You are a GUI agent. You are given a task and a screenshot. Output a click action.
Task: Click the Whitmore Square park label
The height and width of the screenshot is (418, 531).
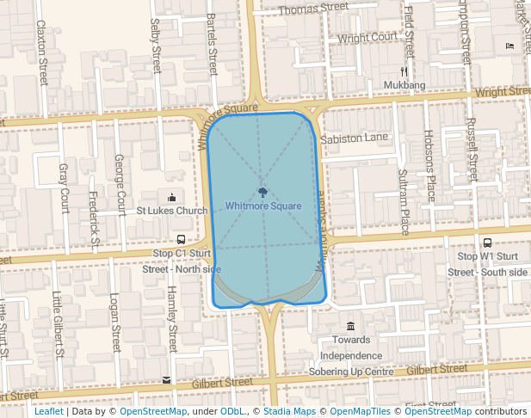(x=263, y=206)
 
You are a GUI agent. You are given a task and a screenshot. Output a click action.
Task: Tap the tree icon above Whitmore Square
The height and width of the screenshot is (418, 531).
(x=262, y=192)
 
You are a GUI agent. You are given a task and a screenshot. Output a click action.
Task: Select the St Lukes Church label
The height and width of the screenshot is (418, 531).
(x=172, y=211)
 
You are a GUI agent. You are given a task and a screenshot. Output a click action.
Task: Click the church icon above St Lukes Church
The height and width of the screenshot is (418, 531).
(x=173, y=197)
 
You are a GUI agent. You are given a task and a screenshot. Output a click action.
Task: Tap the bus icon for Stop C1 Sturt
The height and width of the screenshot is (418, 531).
(x=181, y=239)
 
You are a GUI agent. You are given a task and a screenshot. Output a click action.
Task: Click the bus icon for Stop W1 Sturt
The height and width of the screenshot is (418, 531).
(x=487, y=243)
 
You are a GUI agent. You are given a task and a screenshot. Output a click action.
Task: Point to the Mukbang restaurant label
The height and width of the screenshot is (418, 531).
(x=404, y=86)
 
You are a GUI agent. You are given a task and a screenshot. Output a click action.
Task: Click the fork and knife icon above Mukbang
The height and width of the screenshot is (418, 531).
(x=404, y=72)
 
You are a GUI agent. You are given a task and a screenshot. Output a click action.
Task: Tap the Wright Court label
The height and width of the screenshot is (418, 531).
(x=367, y=38)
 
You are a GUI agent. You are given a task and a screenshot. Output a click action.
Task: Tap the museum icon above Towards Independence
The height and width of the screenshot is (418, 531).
(x=350, y=326)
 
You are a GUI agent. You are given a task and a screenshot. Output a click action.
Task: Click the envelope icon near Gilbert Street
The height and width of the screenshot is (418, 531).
(x=166, y=379)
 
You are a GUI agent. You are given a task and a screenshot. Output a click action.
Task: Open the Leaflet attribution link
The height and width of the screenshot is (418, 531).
(x=48, y=412)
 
